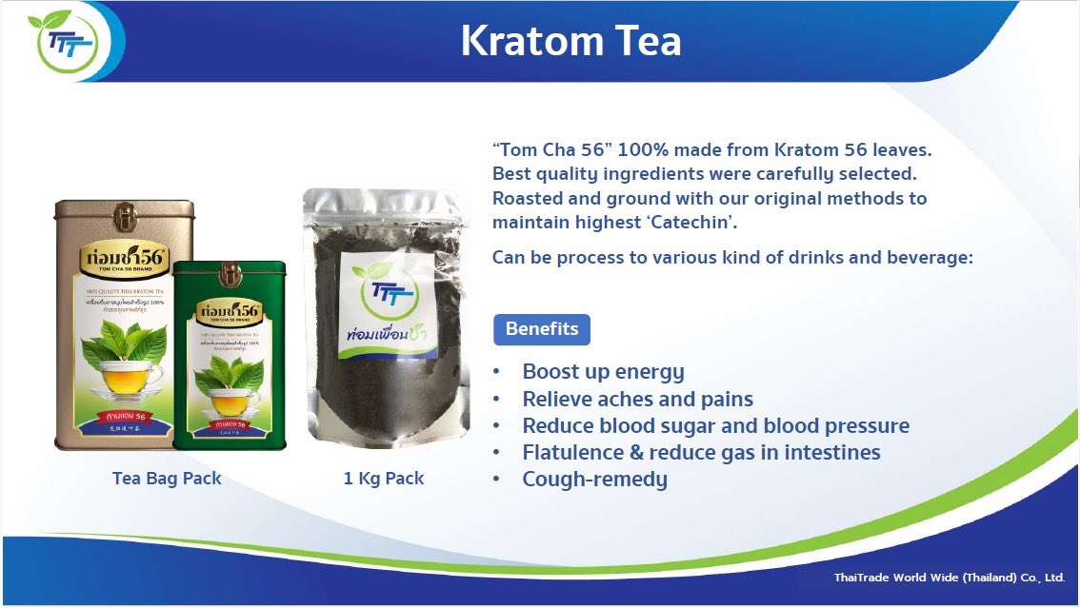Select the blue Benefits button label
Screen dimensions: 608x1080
541,329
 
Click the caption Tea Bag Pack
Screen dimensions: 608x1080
167,478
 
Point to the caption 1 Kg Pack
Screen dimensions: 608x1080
384,478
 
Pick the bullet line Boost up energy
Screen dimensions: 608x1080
603,372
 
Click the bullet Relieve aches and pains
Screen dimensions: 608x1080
637,399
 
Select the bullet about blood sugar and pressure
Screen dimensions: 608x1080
715,425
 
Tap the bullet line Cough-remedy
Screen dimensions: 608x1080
594,479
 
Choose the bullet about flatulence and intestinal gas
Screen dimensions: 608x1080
701,452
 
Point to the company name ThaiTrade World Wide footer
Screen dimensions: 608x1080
949,578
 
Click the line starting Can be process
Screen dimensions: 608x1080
731,257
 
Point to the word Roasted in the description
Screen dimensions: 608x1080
528,199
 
